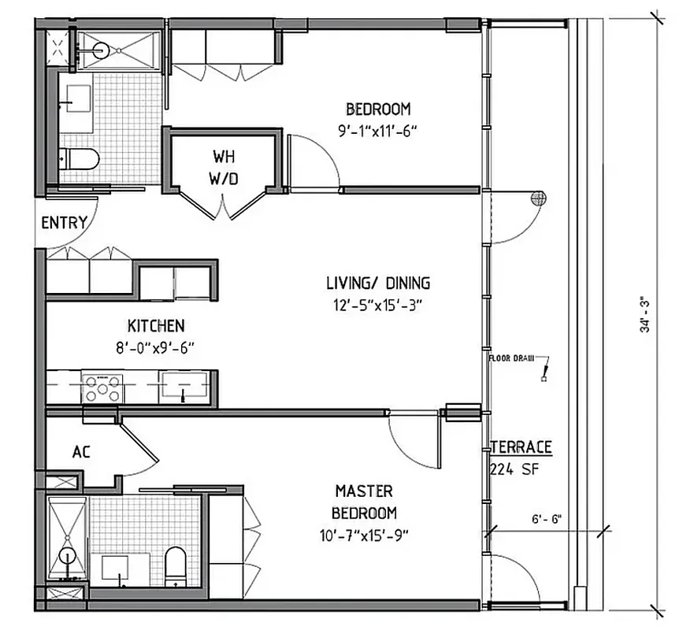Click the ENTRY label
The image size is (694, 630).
(x=64, y=223)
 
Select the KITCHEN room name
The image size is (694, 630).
(x=157, y=325)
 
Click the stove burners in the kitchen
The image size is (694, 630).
(x=104, y=387)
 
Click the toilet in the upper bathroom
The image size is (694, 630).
(x=81, y=159)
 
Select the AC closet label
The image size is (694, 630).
(x=80, y=452)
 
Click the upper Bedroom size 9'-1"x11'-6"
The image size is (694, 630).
(x=378, y=131)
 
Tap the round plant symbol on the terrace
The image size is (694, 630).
(x=540, y=199)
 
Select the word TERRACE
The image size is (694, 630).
(x=521, y=447)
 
